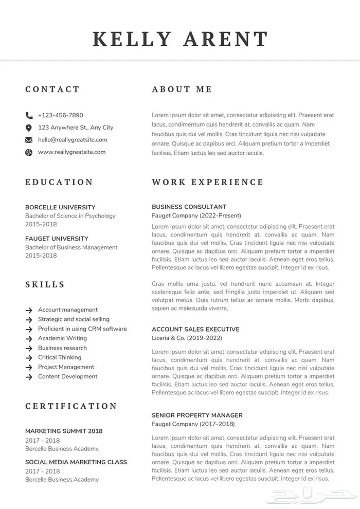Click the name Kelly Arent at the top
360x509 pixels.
180,39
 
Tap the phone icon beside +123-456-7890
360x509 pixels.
28,115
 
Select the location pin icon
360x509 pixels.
28,128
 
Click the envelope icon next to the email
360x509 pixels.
28,140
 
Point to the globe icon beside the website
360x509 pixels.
28,152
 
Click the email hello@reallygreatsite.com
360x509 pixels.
73,140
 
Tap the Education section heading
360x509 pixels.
59,182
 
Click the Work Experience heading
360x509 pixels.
207,182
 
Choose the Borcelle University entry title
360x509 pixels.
60,207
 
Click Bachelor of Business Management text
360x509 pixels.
71,247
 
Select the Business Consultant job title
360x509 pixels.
189,207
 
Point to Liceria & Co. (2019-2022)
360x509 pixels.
187,338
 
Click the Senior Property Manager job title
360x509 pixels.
197,415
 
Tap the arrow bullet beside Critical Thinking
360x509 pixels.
29,358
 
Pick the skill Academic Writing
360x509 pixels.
62,338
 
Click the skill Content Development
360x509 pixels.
67,376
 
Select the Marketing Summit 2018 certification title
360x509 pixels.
64,431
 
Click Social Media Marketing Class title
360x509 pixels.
76,462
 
